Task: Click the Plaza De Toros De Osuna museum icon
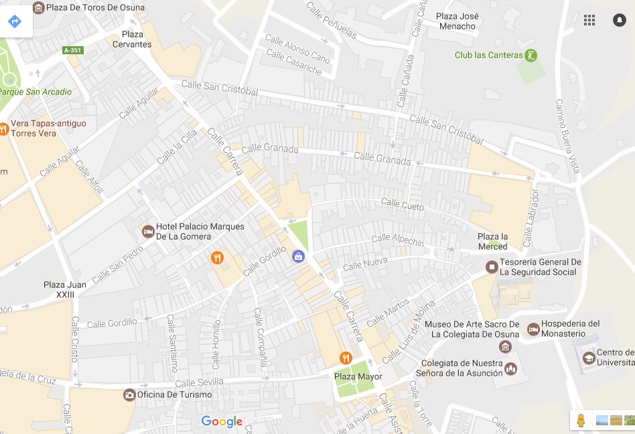(38, 7)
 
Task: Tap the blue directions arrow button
(15, 21)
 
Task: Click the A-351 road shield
(72, 50)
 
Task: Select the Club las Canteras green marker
(531, 56)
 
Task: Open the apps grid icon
(589, 20)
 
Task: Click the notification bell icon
(620, 20)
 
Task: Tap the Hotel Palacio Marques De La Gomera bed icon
(148, 232)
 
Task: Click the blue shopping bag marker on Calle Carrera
(298, 256)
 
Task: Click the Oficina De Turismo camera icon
(129, 394)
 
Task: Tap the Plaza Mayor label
(358, 376)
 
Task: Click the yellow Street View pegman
(581, 421)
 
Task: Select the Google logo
(222, 421)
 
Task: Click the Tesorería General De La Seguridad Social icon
(492, 267)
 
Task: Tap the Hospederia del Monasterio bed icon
(533, 329)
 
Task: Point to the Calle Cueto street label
(403, 204)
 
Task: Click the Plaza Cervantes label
(137, 40)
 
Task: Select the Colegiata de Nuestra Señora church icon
(511, 368)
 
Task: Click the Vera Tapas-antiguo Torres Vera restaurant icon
(3, 129)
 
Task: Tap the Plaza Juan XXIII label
(65, 289)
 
